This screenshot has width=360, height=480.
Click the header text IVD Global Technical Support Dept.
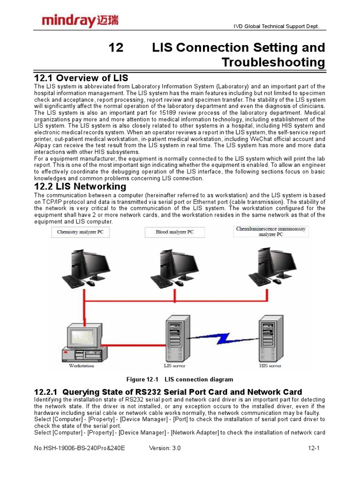pyautogui.click(x=277, y=27)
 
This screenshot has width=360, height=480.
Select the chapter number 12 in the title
pyautogui.click(x=116, y=47)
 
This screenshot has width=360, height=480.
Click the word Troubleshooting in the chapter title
pyautogui.click(x=273, y=62)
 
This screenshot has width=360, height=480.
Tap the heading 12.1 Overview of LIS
pyautogui.click(x=81, y=78)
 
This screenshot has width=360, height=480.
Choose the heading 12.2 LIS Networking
pyautogui.click(x=80, y=187)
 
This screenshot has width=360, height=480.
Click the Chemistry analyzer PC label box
pyautogui.click(x=80, y=232)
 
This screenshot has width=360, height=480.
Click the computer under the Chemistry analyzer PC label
pyautogui.click(x=86, y=267)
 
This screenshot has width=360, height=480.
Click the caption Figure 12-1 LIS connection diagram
pyautogui.click(x=180, y=379)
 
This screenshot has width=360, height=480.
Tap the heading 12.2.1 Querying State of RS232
pyautogui.click(x=168, y=392)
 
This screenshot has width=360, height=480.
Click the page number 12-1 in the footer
pyautogui.click(x=314, y=448)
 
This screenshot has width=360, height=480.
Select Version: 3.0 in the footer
pyautogui.click(x=165, y=448)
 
